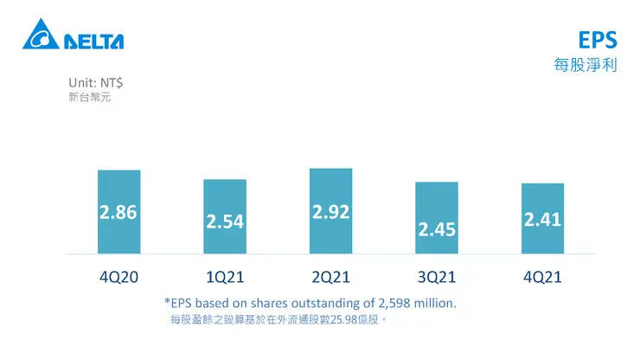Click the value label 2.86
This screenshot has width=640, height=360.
coord(118,213)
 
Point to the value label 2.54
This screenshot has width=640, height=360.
coord(225,222)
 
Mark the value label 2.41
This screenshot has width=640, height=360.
coord(542,220)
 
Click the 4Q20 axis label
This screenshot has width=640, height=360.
coord(118,278)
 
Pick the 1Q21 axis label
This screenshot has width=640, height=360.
coord(225,278)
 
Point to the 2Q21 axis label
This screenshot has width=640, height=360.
coord(330,278)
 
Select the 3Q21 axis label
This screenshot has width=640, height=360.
coord(437,278)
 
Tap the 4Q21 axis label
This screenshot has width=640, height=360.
coord(542,278)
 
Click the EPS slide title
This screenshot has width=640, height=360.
coord(598,42)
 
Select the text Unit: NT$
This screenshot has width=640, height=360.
coord(95,82)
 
